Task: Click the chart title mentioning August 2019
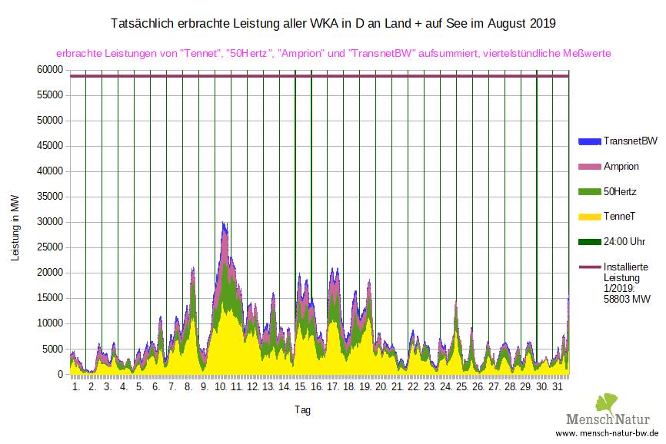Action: pyautogui.click(x=333, y=24)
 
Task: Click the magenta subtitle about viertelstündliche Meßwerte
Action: pyautogui.click(x=333, y=54)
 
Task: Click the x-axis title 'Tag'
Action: pyautogui.click(x=302, y=410)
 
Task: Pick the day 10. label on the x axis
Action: pyautogui.click(x=221, y=387)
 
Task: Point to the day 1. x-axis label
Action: pyautogui.click(x=76, y=387)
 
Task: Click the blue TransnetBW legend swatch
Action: pyautogui.click(x=588, y=141)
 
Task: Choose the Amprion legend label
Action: pyautogui.click(x=621, y=167)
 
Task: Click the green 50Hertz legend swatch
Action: pyautogui.click(x=588, y=191)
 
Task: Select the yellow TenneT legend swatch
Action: pyautogui.click(x=588, y=217)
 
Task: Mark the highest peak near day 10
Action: pyautogui.click(x=223, y=224)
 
